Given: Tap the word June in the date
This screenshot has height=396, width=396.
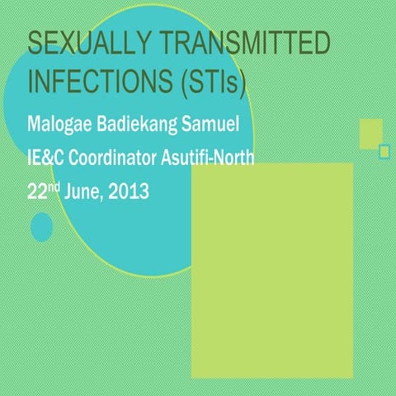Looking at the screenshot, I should click(82, 192).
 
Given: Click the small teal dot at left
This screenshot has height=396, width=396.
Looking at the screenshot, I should click(41, 226).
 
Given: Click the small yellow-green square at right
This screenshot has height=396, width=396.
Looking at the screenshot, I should click(370, 133).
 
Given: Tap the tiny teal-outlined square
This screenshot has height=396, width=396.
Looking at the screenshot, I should click(384, 151).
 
